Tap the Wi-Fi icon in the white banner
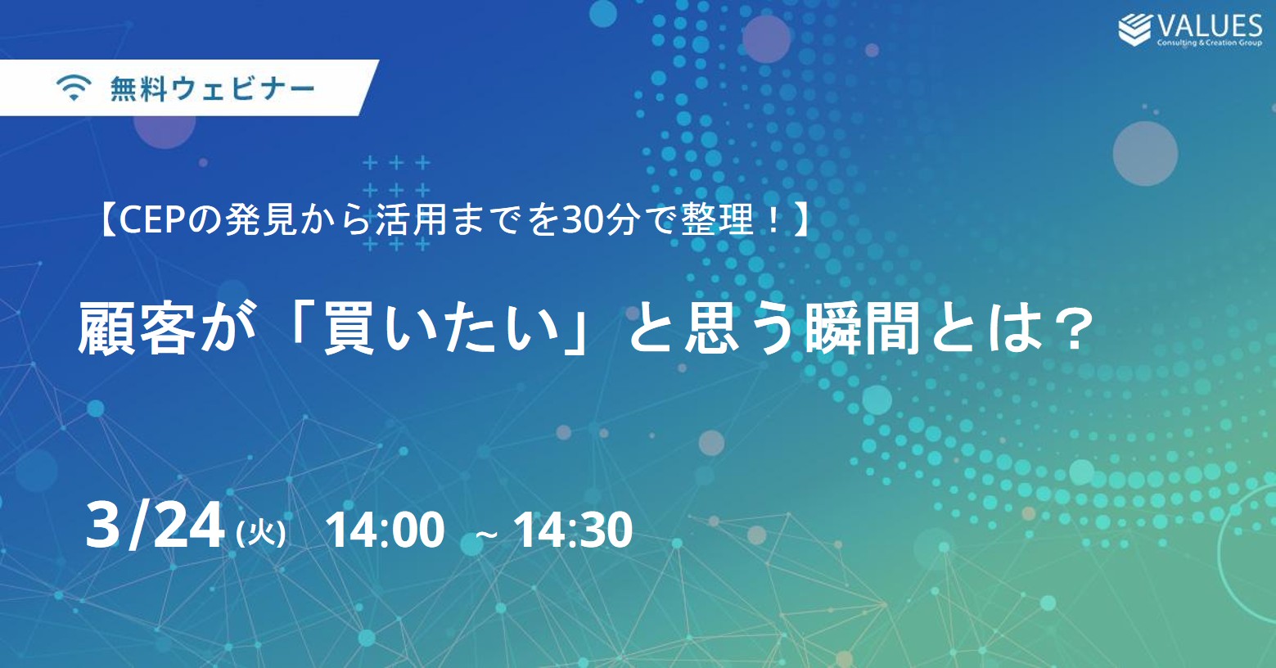coord(74,88)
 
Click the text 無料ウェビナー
coord(212,89)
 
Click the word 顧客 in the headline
coord(137,328)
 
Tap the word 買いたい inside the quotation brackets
coord(441,328)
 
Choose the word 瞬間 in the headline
coord(863,328)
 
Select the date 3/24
coord(155,526)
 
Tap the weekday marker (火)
coord(260,534)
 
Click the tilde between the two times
coord(486,535)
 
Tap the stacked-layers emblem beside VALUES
coord(1135,29)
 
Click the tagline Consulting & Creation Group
coord(1210,43)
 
